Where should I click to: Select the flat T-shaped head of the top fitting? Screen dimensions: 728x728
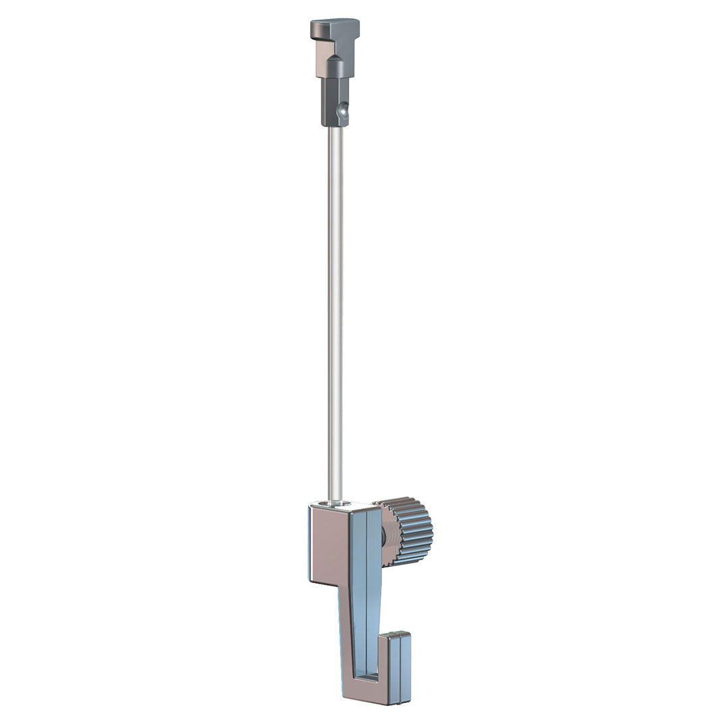[335, 27]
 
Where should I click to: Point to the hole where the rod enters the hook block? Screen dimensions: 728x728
[334, 503]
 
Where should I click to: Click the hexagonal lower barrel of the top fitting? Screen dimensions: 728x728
[332, 101]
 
